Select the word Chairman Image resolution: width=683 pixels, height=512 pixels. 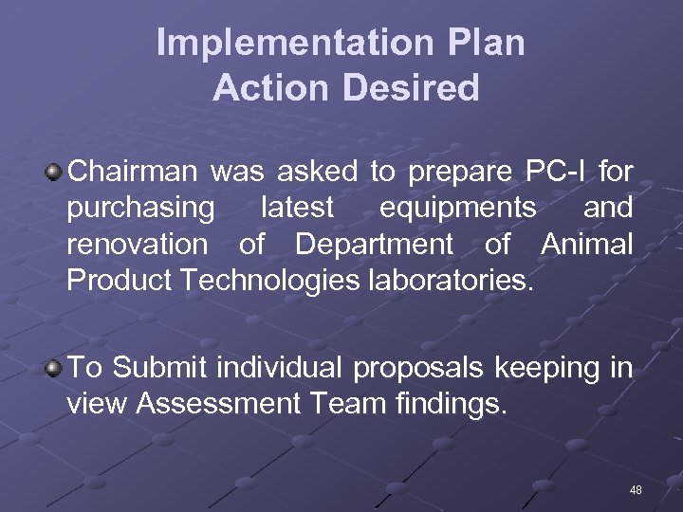tap(133, 173)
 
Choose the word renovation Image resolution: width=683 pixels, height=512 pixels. tap(137, 245)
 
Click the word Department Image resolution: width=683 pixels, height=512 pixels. tap(375, 245)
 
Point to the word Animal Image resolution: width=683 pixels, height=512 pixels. tap(586, 245)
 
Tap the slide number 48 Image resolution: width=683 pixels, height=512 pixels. tap(636, 490)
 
